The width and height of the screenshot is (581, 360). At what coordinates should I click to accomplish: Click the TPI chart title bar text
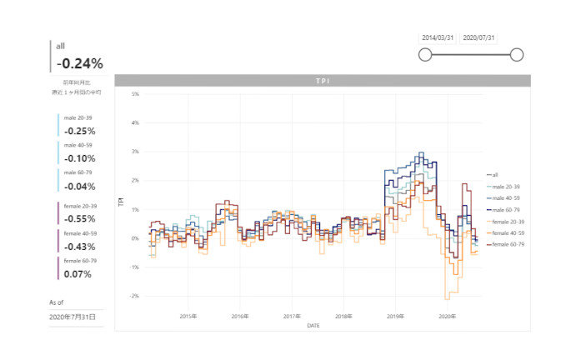point(322,81)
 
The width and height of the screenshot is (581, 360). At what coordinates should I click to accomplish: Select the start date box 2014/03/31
point(438,37)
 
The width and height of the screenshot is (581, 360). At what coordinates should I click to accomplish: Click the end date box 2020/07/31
point(479,37)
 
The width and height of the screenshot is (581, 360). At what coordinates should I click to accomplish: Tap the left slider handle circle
point(425,55)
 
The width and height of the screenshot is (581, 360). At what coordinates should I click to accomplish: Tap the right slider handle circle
point(516,55)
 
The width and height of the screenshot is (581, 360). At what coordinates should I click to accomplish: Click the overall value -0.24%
point(80,63)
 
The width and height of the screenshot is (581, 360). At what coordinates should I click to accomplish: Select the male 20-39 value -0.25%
point(80,131)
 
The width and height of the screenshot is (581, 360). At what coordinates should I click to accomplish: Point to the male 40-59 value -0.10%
point(80,158)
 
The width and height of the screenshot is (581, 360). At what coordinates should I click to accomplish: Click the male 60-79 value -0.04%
point(80,186)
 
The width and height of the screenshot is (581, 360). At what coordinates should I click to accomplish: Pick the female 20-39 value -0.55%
point(80,219)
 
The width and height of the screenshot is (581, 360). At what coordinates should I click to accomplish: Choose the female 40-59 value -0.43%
point(80,247)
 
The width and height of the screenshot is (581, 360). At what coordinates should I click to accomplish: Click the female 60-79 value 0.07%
point(78,274)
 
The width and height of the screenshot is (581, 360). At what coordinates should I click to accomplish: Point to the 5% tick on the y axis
point(134,94)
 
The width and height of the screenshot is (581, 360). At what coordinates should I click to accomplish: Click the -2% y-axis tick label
point(133,296)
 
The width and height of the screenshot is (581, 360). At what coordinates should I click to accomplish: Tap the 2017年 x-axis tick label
point(291,317)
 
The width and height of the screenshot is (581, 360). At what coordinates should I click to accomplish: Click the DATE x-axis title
point(313,325)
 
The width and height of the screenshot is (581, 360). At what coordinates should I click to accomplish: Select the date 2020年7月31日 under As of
point(73,317)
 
